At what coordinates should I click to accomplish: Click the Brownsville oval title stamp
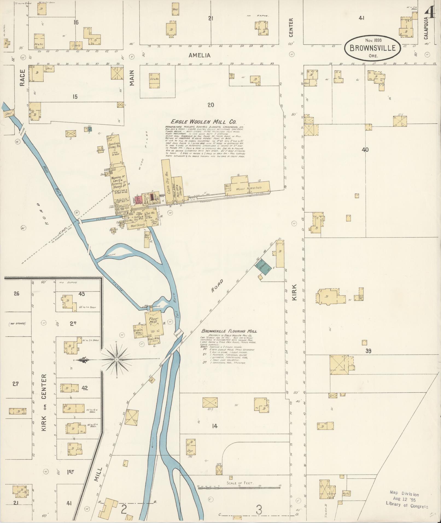tap(373, 48)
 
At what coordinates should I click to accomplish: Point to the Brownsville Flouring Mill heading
tap(229, 331)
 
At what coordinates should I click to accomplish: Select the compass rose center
tap(117, 359)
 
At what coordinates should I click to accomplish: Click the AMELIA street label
tap(200, 55)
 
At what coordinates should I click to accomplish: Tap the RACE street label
tap(22, 77)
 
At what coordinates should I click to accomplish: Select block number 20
tap(211, 105)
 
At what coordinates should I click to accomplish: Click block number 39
tap(368, 351)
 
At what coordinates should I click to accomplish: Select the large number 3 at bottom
tap(259, 510)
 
